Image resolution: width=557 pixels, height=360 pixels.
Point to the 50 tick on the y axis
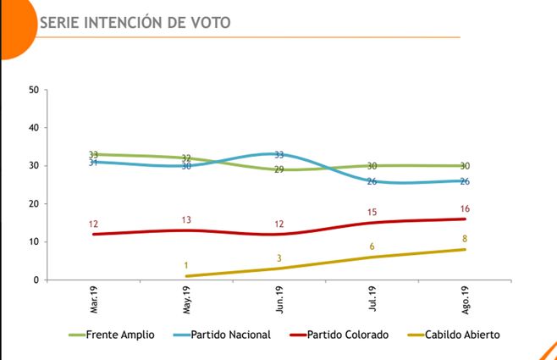pos(33,90)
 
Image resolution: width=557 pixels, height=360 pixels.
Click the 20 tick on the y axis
pos(33,204)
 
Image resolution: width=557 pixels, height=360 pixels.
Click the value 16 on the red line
pos(465,208)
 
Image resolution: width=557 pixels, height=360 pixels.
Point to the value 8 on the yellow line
pos(465,239)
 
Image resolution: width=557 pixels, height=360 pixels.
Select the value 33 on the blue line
pos(279,155)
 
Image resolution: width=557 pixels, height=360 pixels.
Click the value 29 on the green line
pos(279,170)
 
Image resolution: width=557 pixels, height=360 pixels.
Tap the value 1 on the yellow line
pos(186,265)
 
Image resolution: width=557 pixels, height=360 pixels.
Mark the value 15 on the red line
pos(372,212)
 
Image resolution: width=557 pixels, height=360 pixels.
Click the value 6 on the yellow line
pos(372,246)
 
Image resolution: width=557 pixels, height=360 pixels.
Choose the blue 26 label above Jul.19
pos(372,181)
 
